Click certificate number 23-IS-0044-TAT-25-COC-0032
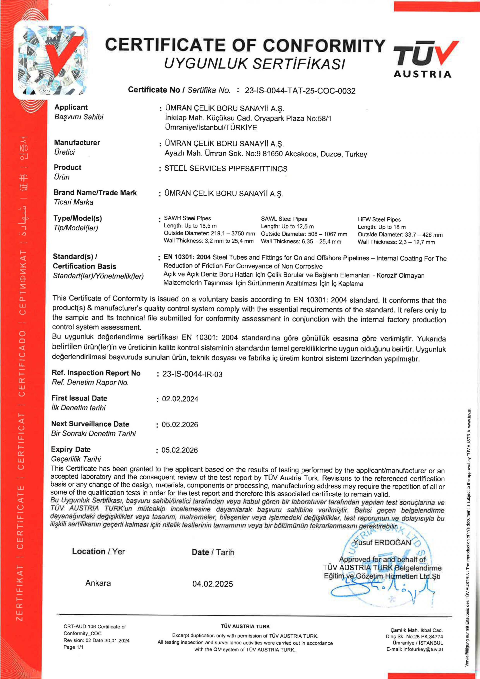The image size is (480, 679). (300, 91)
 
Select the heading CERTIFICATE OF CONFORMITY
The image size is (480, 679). (245, 45)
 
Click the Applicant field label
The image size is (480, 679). (71, 107)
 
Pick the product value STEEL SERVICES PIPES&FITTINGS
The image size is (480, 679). (226, 169)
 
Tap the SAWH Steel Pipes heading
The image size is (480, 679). (187, 218)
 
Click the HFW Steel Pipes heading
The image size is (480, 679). (379, 219)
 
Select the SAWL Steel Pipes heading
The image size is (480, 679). (284, 219)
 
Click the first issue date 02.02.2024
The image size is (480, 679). (180, 399)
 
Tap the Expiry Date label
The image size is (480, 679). (71, 450)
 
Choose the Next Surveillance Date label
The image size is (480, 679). (90, 424)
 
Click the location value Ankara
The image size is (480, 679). (98, 583)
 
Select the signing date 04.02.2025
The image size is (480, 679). (212, 584)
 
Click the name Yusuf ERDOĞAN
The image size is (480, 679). (382, 543)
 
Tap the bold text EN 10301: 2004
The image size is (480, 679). (187, 257)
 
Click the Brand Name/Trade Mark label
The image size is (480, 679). (95, 193)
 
